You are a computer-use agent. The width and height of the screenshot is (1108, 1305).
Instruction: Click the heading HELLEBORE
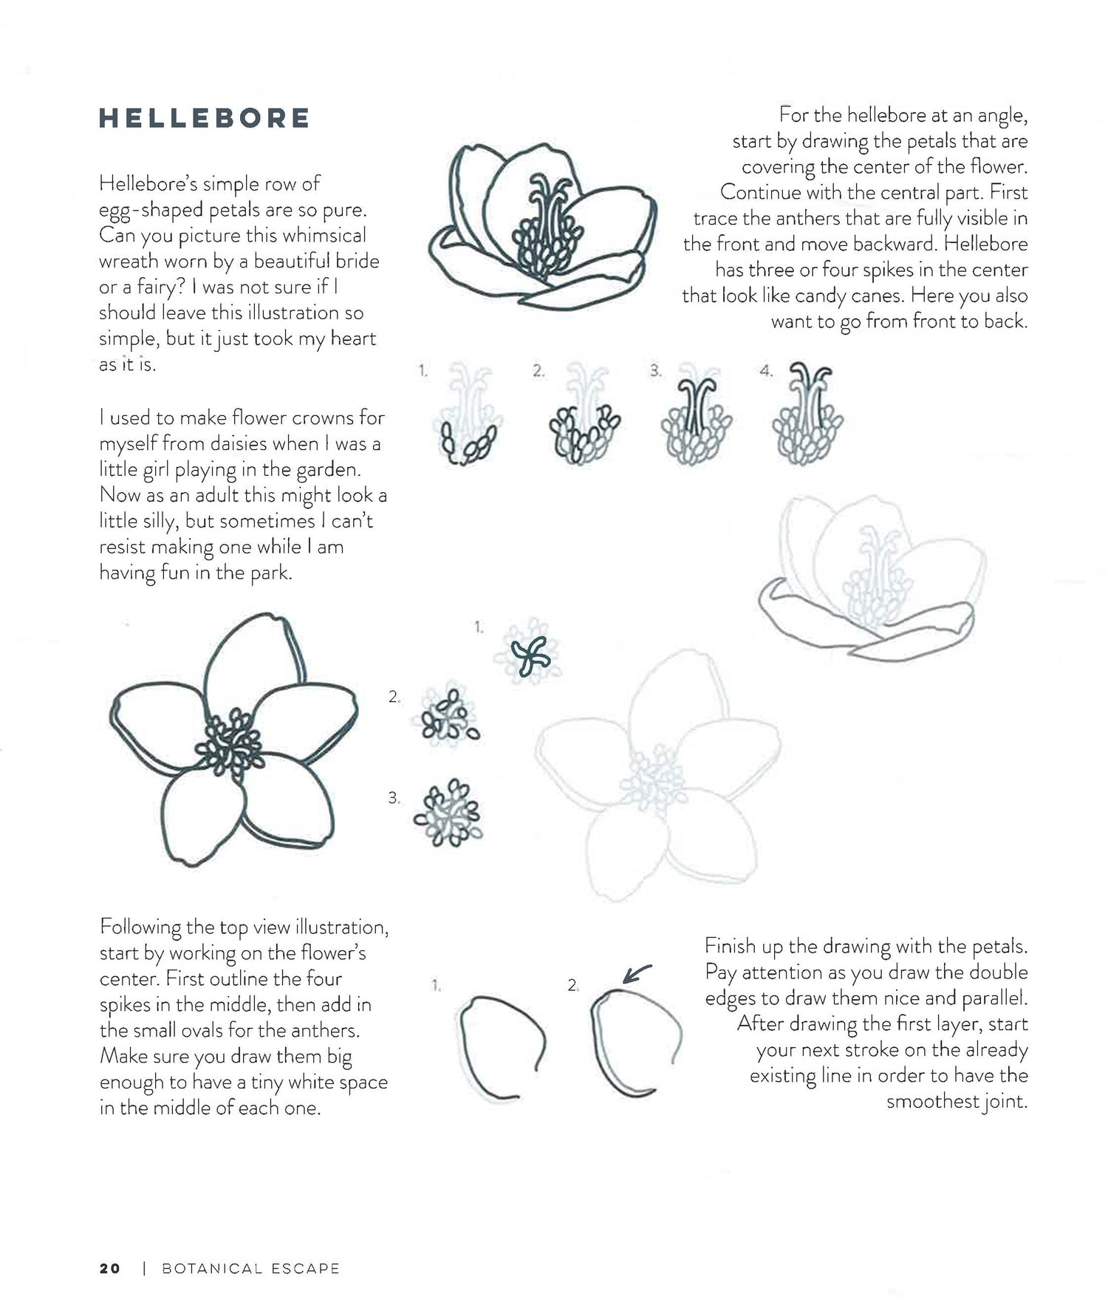click(x=205, y=118)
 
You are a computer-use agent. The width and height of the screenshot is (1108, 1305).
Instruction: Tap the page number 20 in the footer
click(x=109, y=1268)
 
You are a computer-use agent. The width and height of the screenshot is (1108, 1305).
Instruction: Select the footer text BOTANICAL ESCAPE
click(x=250, y=1269)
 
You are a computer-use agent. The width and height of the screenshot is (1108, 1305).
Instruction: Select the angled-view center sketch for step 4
click(x=807, y=415)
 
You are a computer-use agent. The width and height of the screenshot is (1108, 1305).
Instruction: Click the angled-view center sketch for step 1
click(x=467, y=415)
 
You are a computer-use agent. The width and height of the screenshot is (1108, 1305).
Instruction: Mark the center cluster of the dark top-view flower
click(x=234, y=743)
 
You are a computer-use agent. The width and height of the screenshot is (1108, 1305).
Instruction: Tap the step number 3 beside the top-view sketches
click(x=394, y=798)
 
